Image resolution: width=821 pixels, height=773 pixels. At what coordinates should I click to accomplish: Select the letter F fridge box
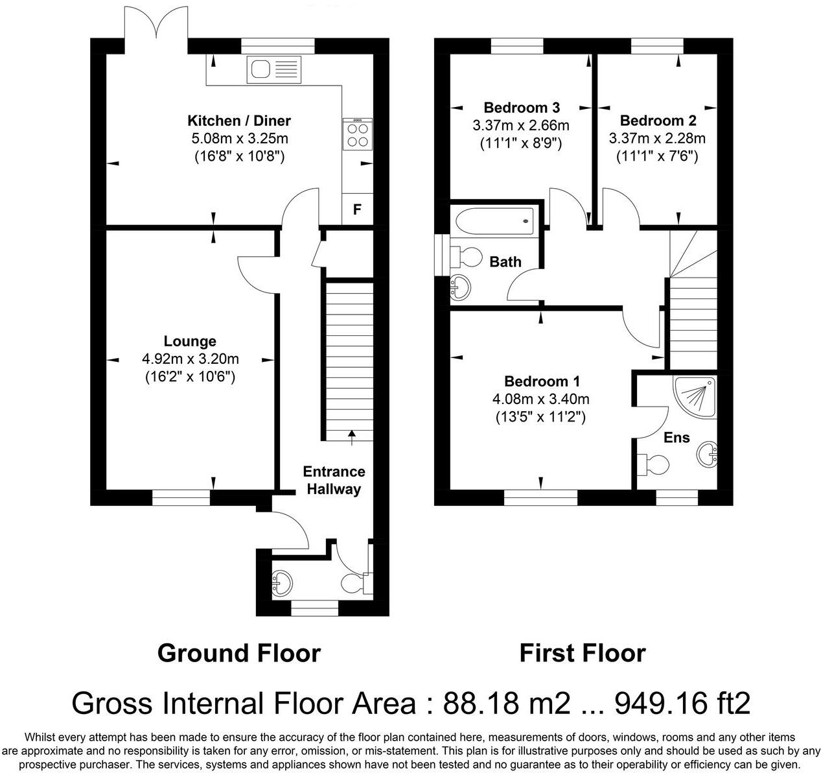click(x=357, y=209)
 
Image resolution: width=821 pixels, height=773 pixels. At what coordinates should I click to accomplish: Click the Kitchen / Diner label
click(x=239, y=121)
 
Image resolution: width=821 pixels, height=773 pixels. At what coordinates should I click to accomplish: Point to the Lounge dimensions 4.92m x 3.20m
click(x=191, y=359)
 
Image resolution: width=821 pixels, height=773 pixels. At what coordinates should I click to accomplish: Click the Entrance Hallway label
click(x=334, y=481)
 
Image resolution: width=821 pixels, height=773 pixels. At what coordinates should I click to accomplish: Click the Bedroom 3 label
click(x=522, y=108)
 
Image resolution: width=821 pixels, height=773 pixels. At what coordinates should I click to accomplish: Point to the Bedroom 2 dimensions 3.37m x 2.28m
click(x=657, y=138)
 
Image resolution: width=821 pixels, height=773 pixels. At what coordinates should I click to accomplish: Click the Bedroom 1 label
click(x=542, y=381)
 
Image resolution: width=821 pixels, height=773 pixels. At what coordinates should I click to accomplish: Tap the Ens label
click(x=676, y=437)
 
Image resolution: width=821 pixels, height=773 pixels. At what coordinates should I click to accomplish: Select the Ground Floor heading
click(x=238, y=653)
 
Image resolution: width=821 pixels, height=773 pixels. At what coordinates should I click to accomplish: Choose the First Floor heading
click(x=582, y=653)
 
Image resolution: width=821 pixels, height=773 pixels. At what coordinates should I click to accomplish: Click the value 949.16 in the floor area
click(x=660, y=703)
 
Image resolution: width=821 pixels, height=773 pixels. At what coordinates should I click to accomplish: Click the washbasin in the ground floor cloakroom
click(x=282, y=582)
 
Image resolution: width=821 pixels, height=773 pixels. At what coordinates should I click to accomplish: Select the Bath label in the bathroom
click(x=505, y=262)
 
